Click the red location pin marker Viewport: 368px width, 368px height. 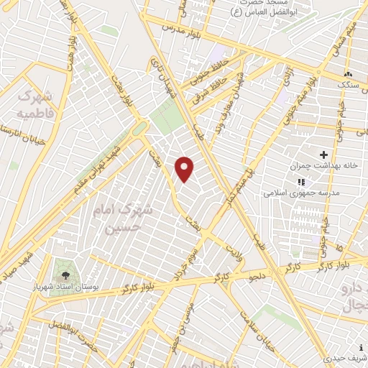tap(185, 169)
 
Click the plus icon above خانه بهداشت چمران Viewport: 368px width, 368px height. tap(323, 154)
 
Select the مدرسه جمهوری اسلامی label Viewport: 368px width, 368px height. tap(295, 193)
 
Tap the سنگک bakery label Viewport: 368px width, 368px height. tap(349, 85)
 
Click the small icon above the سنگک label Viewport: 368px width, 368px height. tap(348, 73)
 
